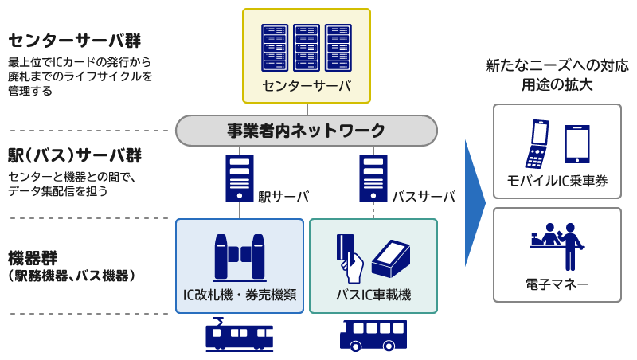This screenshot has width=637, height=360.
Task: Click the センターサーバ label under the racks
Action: (306, 85)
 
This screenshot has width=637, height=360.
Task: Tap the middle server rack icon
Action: (306, 48)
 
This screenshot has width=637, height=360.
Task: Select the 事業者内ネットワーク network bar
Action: (306, 131)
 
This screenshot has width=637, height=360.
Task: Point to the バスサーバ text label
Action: (424, 196)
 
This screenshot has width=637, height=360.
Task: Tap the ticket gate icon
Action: (239, 256)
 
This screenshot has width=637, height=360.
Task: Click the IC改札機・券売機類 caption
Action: (240, 295)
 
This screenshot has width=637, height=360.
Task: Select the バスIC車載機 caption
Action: (373, 295)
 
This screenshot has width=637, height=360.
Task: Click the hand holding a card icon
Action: (349, 256)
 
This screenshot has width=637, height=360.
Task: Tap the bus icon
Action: (373, 335)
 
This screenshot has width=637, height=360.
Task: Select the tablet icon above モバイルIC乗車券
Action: (577, 144)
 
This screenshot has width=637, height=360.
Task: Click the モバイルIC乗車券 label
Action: (557, 182)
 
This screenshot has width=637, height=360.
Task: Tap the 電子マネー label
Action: (557, 284)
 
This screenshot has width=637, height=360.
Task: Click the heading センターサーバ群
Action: (79, 41)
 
